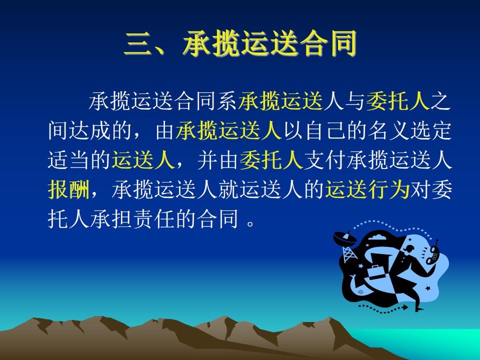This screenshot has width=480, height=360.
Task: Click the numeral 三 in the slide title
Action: [138, 44]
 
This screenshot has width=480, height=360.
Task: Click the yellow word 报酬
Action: [68, 189]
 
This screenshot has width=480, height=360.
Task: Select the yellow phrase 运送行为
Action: [367, 189]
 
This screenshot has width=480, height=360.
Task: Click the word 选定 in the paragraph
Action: [430, 130]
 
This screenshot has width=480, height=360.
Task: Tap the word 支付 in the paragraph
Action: [324, 160]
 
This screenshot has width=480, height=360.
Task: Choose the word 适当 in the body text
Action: [68, 160]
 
